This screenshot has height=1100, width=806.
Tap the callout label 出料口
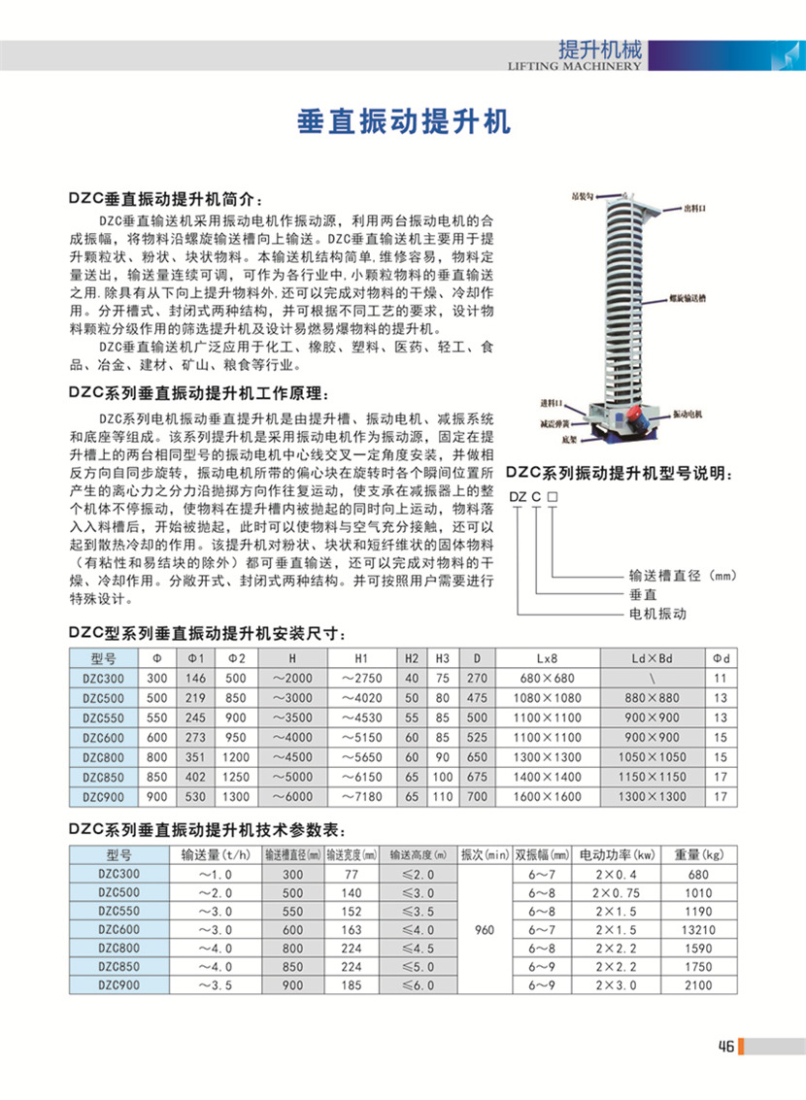tap(693, 208)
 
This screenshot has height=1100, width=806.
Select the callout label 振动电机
tap(688, 415)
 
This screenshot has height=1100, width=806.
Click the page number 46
tap(725, 1046)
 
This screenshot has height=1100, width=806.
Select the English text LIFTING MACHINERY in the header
tap(575, 68)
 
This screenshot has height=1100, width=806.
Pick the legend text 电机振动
tap(657, 615)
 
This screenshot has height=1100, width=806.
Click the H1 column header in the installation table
tap(361, 657)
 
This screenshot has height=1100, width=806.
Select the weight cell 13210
tap(700, 929)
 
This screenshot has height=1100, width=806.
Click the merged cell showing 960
tap(485, 930)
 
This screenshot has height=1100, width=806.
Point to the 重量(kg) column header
tap(700, 855)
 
